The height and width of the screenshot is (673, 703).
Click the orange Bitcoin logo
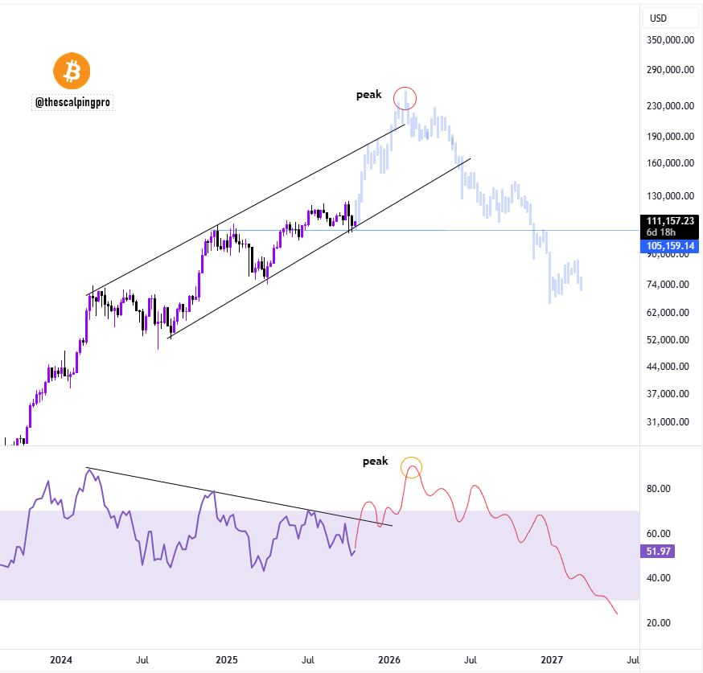pos(72,72)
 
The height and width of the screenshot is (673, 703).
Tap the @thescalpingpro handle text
pos(72,102)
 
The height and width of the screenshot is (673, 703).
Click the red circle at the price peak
pos(405,98)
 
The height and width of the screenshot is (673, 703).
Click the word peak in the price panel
pos(369,95)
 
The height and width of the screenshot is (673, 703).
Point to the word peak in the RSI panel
pos(375,462)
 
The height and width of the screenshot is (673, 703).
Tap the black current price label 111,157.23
pos(670,220)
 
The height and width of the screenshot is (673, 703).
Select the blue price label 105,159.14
pos(670,246)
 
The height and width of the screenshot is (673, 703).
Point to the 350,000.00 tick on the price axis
pos(670,39)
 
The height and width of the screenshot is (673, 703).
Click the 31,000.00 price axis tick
pos(670,421)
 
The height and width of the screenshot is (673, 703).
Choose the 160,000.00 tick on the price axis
pos(670,163)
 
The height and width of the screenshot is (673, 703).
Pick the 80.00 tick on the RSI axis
pos(660,488)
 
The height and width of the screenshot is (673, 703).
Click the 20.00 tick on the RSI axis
pos(660,622)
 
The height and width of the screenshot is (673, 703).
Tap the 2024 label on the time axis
pos(61,660)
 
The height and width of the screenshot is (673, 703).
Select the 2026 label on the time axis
pos(389,660)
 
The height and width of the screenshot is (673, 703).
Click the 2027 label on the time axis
pos(552,660)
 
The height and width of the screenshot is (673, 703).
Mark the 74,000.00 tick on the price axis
pos(670,284)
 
